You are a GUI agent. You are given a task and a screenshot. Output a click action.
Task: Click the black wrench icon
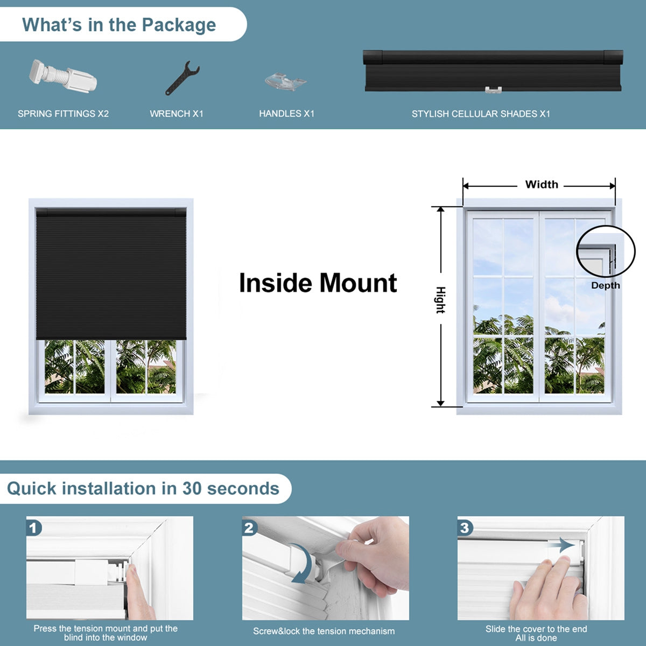(182, 79)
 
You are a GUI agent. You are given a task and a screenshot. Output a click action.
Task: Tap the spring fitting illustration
(64, 78)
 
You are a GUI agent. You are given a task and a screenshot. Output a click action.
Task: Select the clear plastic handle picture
(286, 81)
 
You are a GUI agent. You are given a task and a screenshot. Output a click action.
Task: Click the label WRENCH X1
(177, 114)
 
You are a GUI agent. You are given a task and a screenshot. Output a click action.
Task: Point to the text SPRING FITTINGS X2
(63, 114)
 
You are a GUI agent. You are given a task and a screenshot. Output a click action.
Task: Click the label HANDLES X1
(286, 114)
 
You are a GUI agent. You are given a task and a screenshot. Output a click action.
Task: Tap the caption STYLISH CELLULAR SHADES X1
(481, 114)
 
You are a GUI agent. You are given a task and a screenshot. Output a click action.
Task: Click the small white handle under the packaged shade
(493, 90)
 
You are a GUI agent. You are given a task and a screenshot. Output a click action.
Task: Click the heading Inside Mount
(318, 283)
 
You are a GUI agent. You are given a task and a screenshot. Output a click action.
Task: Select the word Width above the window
(542, 185)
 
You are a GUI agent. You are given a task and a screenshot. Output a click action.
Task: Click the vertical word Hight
(440, 300)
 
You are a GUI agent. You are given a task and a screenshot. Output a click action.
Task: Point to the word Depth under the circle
(605, 286)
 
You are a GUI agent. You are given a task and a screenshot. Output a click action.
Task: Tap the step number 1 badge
(33, 528)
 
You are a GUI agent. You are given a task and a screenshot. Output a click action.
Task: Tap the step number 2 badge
(249, 528)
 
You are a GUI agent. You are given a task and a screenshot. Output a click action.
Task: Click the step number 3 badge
(465, 528)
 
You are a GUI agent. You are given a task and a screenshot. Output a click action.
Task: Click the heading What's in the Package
(119, 25)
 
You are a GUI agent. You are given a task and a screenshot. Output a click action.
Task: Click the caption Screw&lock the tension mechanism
(324, 631)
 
